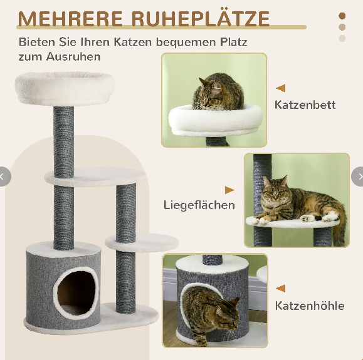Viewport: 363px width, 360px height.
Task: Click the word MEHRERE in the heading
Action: (70, 19)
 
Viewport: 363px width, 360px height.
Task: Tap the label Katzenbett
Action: (305, 105)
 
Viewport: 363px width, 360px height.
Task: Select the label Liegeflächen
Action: (199, 205)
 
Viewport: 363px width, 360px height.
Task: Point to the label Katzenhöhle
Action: (310, 306)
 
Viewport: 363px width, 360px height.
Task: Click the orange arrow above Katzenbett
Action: (281, 88)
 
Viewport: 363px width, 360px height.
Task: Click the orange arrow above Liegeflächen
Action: (229, 190)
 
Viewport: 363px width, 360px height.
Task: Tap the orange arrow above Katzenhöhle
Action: (281, 289)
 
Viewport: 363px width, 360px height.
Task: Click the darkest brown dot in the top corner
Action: (342, 16)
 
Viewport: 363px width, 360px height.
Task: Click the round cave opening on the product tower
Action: (75, 293)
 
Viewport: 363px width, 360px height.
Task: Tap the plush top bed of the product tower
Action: (65, 88)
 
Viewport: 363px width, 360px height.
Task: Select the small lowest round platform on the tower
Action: (142, 242)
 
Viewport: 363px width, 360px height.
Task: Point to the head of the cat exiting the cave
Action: (228, 315)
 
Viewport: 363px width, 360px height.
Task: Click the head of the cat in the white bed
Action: (211, 95)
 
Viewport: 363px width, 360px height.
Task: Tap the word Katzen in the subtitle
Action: (132, 42)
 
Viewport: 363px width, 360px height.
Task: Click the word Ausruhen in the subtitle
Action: (73, 56)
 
